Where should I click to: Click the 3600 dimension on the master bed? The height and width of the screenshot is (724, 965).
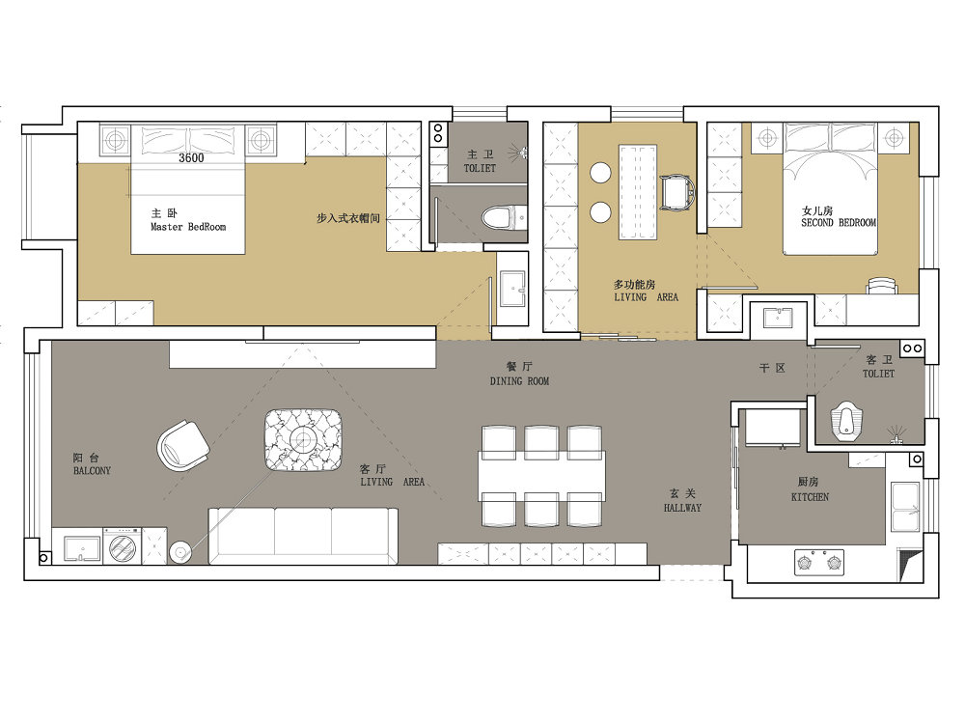191,158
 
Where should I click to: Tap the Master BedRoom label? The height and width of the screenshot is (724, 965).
188,227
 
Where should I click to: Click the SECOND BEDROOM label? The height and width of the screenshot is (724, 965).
839,223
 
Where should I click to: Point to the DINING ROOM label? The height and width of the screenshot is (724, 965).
519,381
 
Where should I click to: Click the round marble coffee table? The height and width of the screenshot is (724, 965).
303,440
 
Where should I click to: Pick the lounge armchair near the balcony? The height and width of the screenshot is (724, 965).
182,446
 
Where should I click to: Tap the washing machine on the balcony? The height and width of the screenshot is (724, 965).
123,546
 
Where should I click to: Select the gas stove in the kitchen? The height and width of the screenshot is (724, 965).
819,562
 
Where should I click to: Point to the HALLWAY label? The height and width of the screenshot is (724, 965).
682,508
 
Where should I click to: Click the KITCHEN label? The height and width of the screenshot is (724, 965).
810,497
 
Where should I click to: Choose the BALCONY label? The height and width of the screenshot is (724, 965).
92,471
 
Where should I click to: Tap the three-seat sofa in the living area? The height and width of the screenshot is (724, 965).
303,536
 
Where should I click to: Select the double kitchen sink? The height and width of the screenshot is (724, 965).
905,507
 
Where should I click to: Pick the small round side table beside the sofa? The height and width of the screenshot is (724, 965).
181,552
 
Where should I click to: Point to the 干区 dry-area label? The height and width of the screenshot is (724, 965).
772,368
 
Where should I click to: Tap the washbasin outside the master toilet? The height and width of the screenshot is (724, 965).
512,289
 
